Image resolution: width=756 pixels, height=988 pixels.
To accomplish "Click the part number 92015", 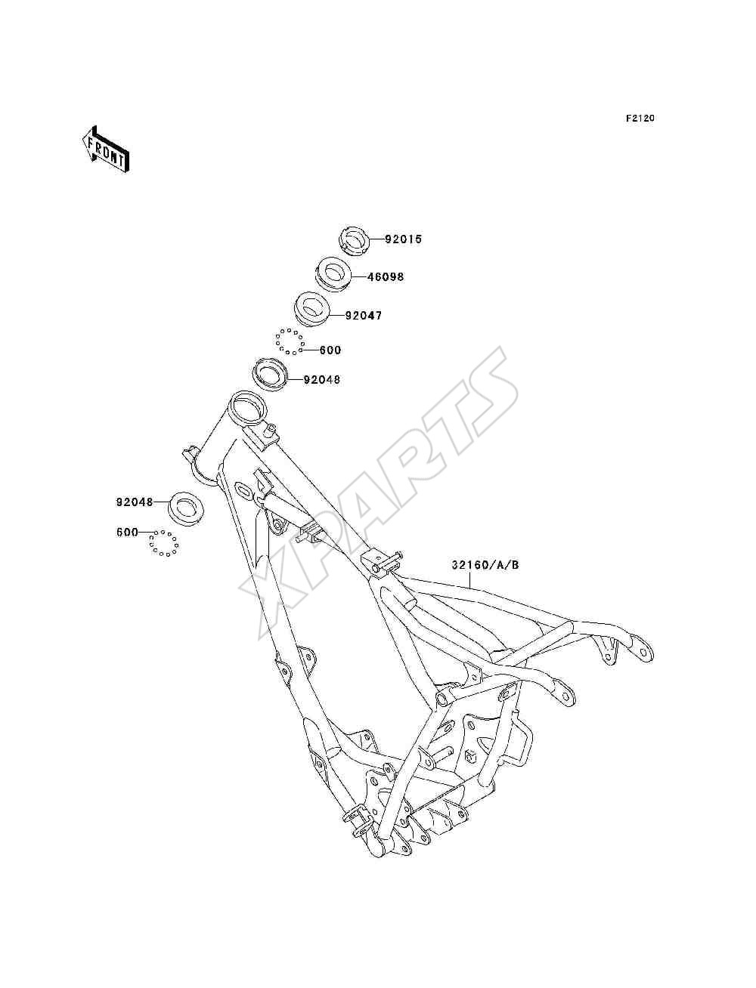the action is point(403,239).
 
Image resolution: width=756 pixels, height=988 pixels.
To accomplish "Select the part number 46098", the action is point(386,276).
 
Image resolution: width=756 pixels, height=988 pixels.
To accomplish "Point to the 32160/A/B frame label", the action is point(485,564).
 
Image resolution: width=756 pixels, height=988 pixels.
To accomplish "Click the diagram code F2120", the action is point(640,119).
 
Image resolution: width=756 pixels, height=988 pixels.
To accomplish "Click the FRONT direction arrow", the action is point(106,149).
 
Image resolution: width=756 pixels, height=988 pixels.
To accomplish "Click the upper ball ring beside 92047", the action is point(289,341).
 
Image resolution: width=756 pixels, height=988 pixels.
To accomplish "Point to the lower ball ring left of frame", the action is point(164,543).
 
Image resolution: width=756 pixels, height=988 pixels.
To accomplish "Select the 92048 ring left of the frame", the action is point(185,508).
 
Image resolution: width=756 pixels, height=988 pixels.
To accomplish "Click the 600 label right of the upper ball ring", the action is point(330,350).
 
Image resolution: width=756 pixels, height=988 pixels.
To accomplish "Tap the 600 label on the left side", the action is point(127,532).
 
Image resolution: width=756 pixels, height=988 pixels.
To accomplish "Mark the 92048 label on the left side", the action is point(135,502).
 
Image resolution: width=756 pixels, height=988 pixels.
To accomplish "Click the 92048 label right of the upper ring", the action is point(322,380).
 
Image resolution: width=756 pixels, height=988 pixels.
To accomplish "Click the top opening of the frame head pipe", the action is point(247,408).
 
